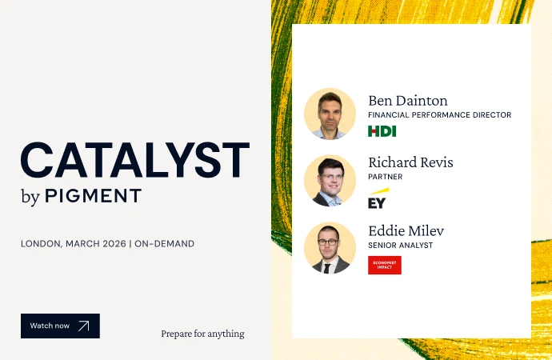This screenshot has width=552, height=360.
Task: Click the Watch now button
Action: pyautogui.click(x=60, y=326)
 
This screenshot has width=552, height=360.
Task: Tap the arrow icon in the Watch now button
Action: pyautogui.click(x=84, y=326)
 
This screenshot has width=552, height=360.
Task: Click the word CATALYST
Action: pyautogui.click(x=135, y=160)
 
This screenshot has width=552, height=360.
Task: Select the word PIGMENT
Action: pyautogui.click(x=93, y=196)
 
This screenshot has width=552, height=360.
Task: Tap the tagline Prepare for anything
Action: pyautogui.click(x=202, y=334)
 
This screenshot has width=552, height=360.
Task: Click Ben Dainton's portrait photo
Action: pyautogui.click(x=330, y=114)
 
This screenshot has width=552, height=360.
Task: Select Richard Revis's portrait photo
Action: pyautogui.click(x=330, y=181)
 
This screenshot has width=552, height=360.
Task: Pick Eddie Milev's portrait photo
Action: pyautogui.click(x=330, y=248)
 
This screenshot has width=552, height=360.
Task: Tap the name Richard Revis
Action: pyautogui.click(x=410, y=162)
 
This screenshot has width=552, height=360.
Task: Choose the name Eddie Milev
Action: pyautogui.click(x=406, y=230)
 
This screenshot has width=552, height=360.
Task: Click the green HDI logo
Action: pyautogui.click(x=382, y=131)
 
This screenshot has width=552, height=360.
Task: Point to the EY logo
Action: pyautogui.click(x=378, y=198)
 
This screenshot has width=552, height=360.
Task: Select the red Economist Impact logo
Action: pyautogui.click(x=384, y=265)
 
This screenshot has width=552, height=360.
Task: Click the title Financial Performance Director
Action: pyautogui.click(x=439, y=115)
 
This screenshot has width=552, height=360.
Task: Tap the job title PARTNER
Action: pyautogui.click(x=385, y=177)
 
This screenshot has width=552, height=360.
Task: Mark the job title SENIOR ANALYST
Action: pyautogui.click(x=400, y=245)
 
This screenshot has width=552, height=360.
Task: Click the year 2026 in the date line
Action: pyautogui.click(x=114, y=243)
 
